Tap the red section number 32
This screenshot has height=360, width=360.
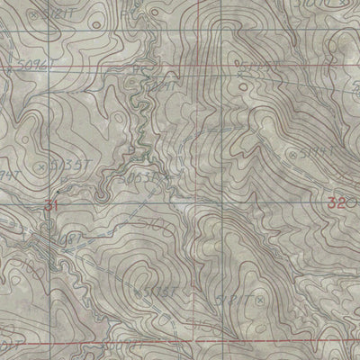(337, 203)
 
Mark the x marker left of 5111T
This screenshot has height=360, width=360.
(294, 154)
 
